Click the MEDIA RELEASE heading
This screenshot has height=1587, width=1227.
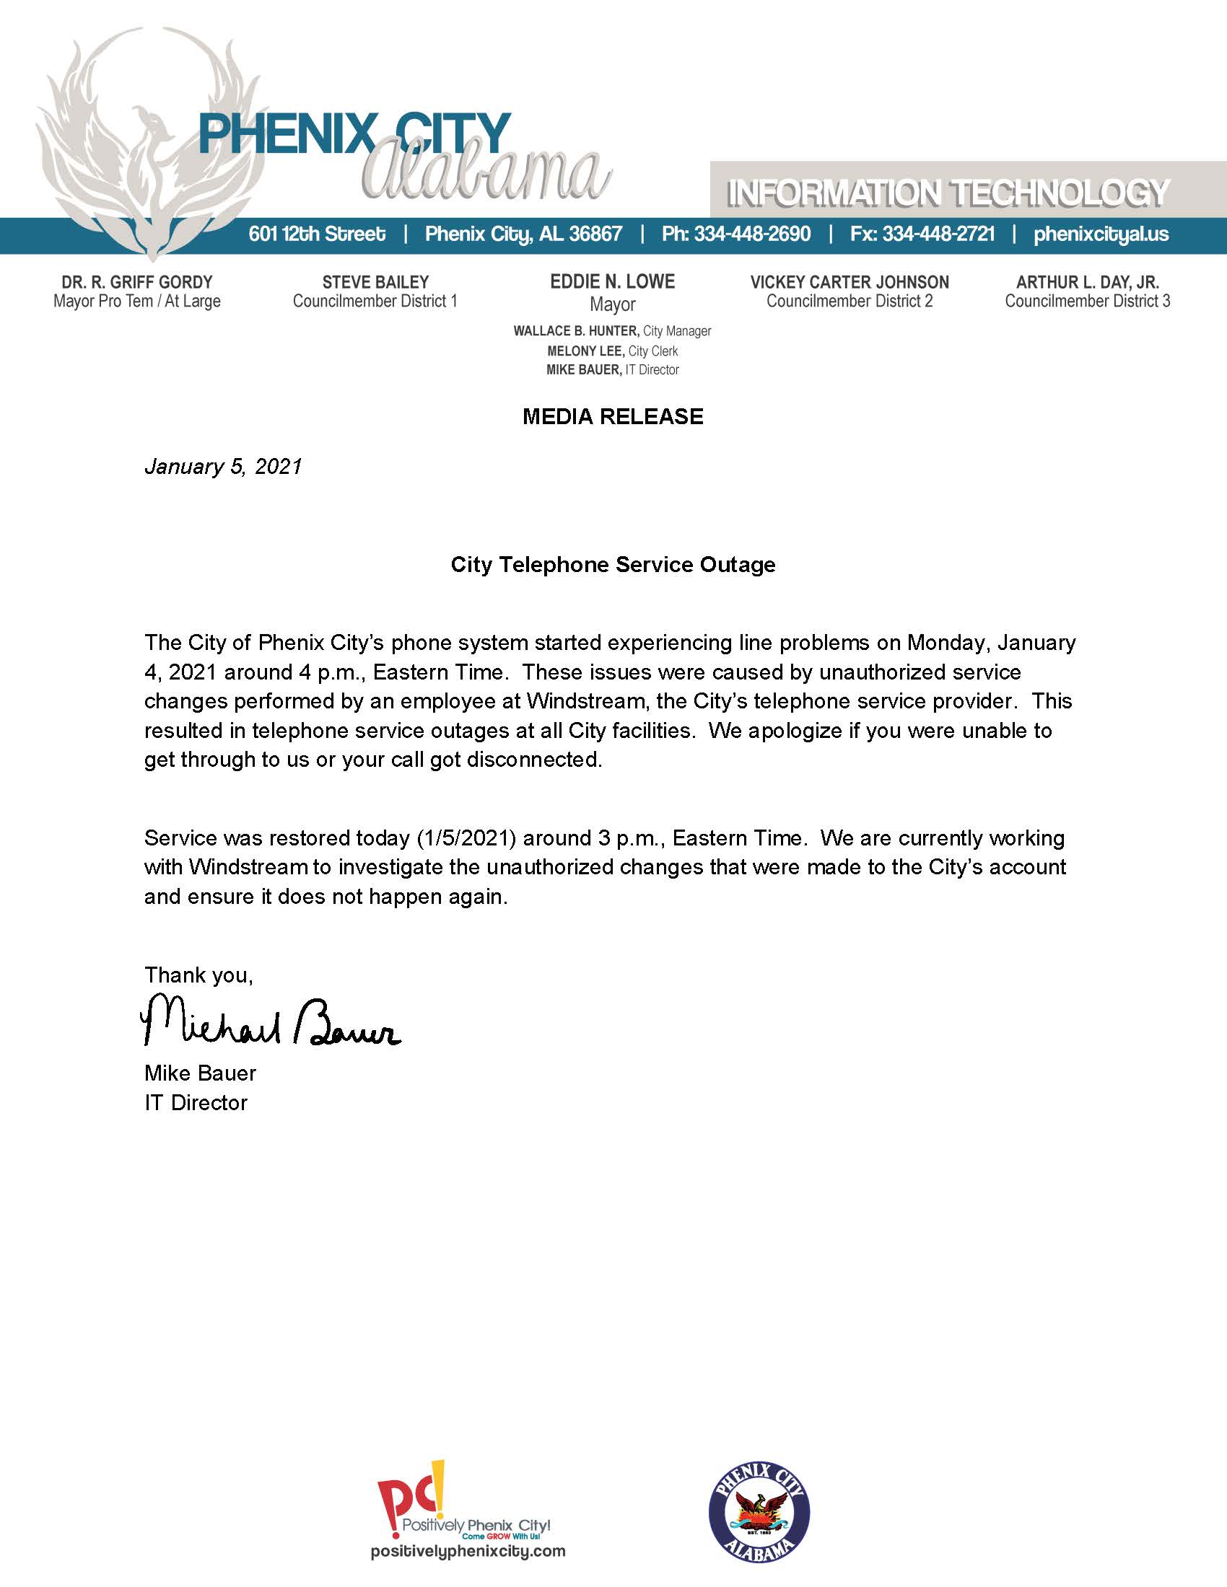613,416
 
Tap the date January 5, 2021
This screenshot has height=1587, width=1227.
223,466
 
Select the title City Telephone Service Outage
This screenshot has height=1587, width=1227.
613,565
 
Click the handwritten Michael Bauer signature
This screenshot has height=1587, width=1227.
270,1021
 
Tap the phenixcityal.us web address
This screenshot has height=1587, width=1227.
1101,234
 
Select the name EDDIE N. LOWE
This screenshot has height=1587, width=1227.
613,282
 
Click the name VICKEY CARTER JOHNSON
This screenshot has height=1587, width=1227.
850,282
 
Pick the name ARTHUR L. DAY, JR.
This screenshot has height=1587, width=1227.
1088,282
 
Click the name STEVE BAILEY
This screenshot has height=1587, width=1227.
375,282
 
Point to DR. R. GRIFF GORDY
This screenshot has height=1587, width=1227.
136,282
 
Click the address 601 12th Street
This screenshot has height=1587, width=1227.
317,234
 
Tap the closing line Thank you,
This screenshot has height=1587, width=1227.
198,975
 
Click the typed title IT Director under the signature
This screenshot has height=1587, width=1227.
196,1102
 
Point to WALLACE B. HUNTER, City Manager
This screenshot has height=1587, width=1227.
612,331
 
